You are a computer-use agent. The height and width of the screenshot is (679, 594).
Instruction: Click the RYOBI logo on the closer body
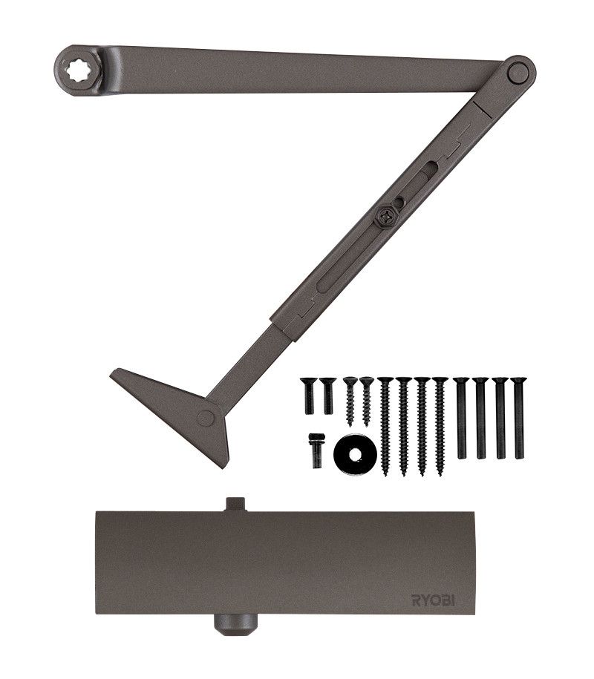[433, 600]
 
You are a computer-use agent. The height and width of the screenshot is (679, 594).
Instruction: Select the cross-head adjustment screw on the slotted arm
[385, 214]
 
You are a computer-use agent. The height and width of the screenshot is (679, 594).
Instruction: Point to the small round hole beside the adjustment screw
[399, 200]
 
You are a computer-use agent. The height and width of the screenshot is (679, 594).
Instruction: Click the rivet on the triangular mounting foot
[205, 419]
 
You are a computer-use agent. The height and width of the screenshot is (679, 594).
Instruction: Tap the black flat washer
[354, 454]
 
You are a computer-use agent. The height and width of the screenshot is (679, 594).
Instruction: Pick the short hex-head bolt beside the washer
[316, 450]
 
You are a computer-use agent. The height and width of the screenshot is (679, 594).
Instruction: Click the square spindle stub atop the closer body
[235, 505]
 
